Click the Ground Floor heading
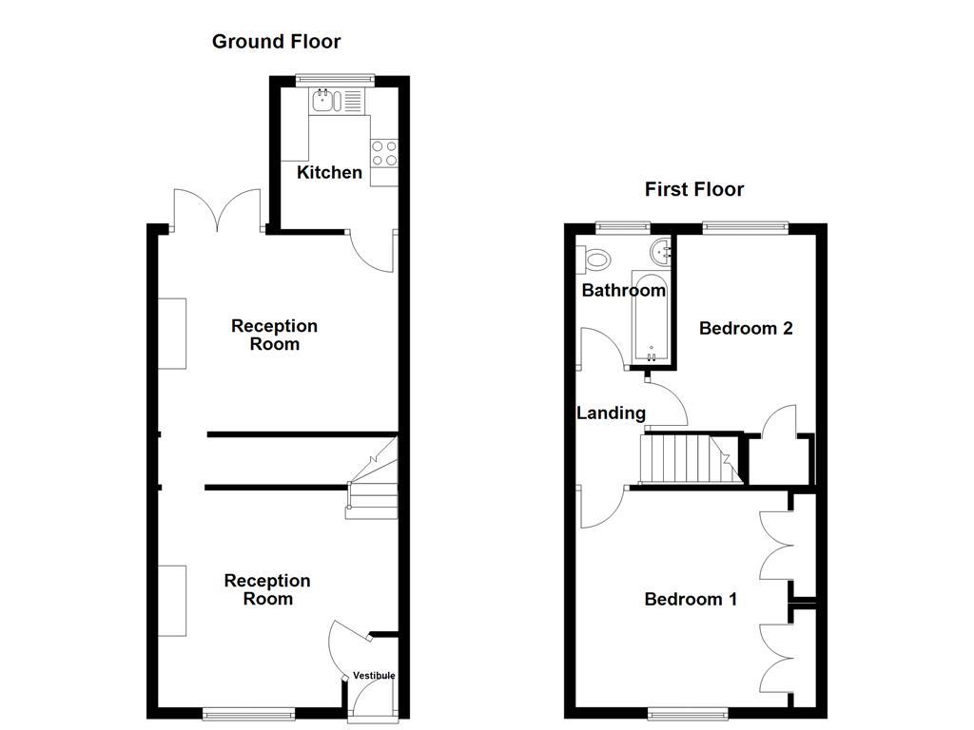[x=276, y=41]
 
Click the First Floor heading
[x=694, y=189]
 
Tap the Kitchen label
[x=329, y=172]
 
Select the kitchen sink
[x=325, y=100]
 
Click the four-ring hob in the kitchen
[x=384, y=153]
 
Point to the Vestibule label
[x=374, y=675]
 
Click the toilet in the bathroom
[x=595, y=258]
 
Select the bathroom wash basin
[x=660, y=252]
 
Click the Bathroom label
[x=624, y=290]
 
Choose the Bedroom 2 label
[x=746, y=328]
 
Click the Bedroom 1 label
[x=691, y=599]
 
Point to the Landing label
[x=611, y=413]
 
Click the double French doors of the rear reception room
[x=219, y=211]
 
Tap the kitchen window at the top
[x=335, y=80]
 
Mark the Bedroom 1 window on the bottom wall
[x=689, y=712]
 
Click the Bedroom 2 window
[x=746, y=227]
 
